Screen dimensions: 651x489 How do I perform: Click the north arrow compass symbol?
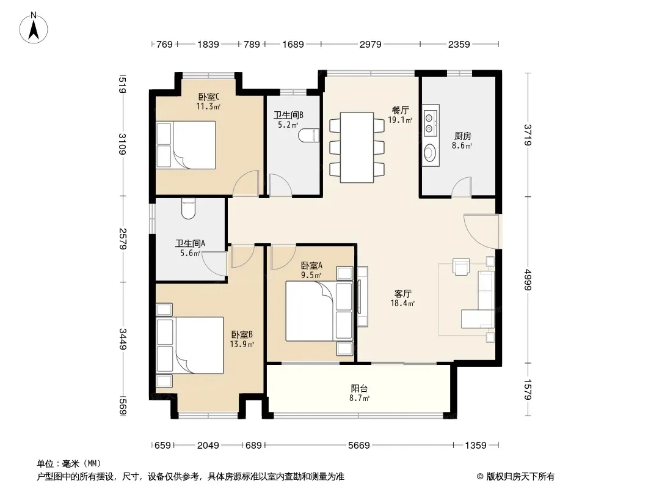click(34, 28)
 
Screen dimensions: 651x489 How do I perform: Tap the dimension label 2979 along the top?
click(370, 44)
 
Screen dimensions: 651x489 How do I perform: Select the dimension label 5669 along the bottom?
click(358, 446)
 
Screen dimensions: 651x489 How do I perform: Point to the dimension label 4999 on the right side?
click(528, 280)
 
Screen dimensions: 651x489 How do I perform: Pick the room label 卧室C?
click(209, 97)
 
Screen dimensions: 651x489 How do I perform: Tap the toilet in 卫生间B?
click(308, 136)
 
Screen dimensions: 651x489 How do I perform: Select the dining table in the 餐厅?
click(357, 147)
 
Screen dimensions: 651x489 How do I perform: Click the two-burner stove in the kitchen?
click(431, 120)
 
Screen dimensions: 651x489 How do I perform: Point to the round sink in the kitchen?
click(431, 152)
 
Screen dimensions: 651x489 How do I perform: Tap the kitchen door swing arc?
click(461, 186)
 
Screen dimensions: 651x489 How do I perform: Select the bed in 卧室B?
click(190, 345)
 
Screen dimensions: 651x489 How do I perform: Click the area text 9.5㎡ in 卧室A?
click(311, 275)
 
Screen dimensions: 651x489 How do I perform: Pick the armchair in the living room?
click(461, 267)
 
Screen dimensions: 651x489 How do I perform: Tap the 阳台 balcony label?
click(359, 389)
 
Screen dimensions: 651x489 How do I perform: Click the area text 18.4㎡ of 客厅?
click(402, 303)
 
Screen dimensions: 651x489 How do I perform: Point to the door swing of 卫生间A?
click(214, 263)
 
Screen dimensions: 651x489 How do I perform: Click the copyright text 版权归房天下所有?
click(520, 477)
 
